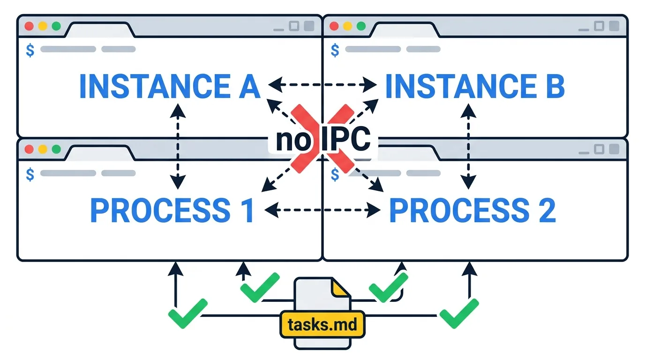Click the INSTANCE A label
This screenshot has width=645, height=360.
(170, 86)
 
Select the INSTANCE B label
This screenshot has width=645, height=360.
(475, 86)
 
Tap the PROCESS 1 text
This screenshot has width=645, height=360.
(172, 210)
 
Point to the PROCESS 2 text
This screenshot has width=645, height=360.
(472, 210)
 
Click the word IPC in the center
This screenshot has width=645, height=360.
(345, 139)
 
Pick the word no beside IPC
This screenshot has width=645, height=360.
(293, 141)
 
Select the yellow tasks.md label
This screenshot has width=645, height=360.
(322, 324)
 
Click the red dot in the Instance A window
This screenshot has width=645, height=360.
(29, 26)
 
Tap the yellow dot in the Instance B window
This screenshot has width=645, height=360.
(347, 26)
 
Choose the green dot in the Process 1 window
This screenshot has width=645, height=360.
(56, 149)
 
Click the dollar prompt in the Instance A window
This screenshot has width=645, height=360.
(30, 50)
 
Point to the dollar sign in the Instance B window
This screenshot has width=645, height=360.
(335, 50)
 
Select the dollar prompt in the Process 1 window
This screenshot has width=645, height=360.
(30, 174)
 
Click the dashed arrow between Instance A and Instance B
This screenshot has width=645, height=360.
(322, 85)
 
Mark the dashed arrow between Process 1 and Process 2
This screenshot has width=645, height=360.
(322, 210)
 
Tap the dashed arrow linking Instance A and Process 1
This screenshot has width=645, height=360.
(178, 146)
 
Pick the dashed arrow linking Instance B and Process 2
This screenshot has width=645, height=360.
(468, 146)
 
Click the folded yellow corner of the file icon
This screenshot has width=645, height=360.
(339, 288)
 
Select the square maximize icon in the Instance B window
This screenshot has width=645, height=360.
(599, 26)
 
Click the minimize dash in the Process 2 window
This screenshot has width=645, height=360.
(584, 153)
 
